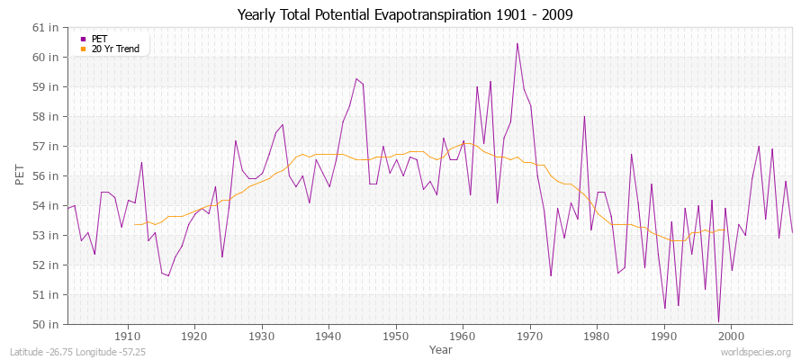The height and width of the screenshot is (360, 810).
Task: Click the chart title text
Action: [404, 14]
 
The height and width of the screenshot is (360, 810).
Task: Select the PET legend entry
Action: [99, 39]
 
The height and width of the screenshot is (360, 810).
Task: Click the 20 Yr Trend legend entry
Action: [115, 49]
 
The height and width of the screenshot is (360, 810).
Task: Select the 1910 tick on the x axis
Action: [128, 337]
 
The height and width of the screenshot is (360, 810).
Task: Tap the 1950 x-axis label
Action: [395, 337]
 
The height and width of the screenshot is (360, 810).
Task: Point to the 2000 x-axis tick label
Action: [730, 337]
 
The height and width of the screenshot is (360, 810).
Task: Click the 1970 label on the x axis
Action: [529, 337]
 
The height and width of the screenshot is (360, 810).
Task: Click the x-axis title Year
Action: [441, 348]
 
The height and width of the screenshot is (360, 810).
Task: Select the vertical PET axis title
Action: [21, 175]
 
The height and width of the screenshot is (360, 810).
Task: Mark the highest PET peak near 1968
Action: [517, 43]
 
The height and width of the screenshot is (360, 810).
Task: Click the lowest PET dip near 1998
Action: [718, 321]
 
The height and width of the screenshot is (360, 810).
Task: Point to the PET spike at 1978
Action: [584, 116]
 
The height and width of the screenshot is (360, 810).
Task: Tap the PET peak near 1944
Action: [355, 78]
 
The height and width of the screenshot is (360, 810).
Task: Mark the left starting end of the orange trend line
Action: [134, 224]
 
